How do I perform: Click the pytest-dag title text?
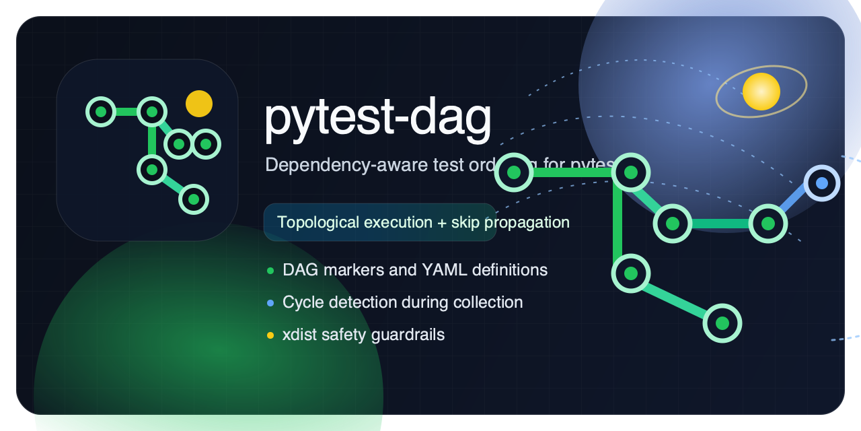377,119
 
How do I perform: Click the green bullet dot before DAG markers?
270,271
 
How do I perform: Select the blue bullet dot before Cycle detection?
270,303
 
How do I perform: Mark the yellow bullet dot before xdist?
270,335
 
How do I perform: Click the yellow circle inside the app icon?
199,104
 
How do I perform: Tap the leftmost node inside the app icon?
101,111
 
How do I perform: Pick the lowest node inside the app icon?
194,199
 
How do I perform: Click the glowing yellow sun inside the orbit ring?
761,92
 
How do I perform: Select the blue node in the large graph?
821,183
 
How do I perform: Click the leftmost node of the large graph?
514,172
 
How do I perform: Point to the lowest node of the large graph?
722,323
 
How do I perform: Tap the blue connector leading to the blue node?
795,203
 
